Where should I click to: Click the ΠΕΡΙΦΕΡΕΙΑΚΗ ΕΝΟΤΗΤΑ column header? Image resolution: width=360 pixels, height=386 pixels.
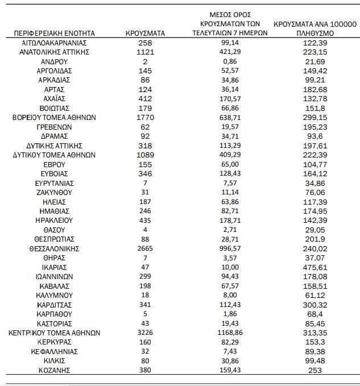55,34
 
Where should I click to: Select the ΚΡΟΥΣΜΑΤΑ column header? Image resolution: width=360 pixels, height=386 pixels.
144,34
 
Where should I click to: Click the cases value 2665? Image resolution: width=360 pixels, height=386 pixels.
144,248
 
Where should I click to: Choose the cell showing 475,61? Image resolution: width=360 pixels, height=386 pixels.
315,267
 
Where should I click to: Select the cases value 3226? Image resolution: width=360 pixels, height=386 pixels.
144,333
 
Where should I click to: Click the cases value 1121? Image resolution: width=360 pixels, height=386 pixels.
144,52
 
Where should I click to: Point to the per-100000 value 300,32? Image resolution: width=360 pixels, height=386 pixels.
315,304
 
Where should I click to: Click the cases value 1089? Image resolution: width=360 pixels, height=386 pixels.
144,155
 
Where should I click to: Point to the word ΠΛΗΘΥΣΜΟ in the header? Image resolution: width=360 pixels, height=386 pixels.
315,34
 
